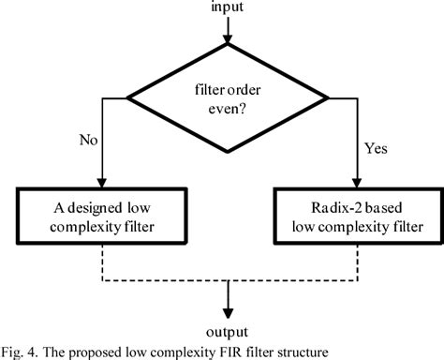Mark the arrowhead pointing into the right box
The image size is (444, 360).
tap(351, 184)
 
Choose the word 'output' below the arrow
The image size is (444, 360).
tap(226, 331)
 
